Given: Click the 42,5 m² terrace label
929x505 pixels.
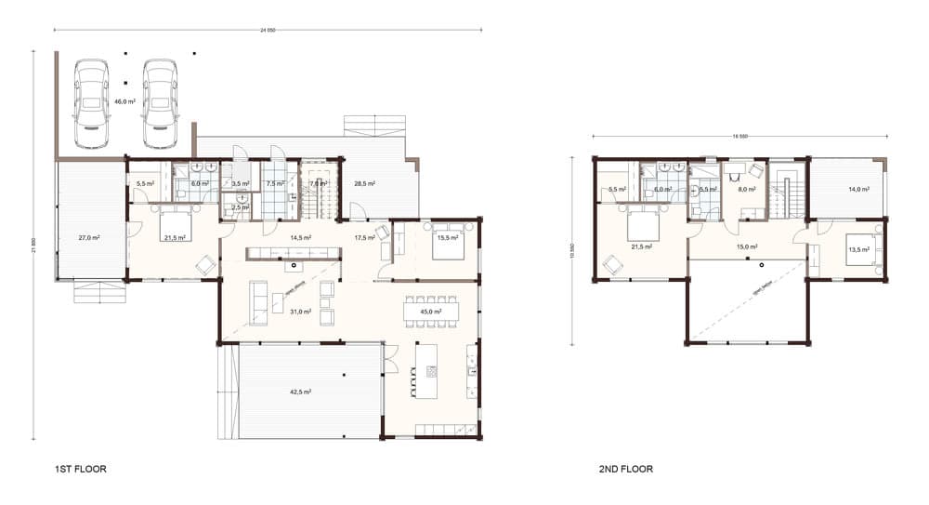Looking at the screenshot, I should pyautogui.click(x=299, y=392).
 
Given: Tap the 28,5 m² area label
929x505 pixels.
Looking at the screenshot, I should pyautogui.click(x=364, y=184).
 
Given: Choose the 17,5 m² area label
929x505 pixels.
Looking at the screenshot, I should pyautogui.click(x=364, y=238).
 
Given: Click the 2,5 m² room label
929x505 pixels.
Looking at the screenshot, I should pyautogui.click(x=240, y=207).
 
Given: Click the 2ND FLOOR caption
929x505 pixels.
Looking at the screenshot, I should pyautogui.click(x=626, y=470).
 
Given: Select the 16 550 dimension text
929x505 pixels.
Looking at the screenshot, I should pyautogui.click(x=740, y=137).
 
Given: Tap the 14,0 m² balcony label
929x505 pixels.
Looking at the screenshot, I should pyautogui.click(x=858, y=190).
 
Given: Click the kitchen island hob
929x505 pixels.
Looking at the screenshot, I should pyautogui.click(x=431, y=371).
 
